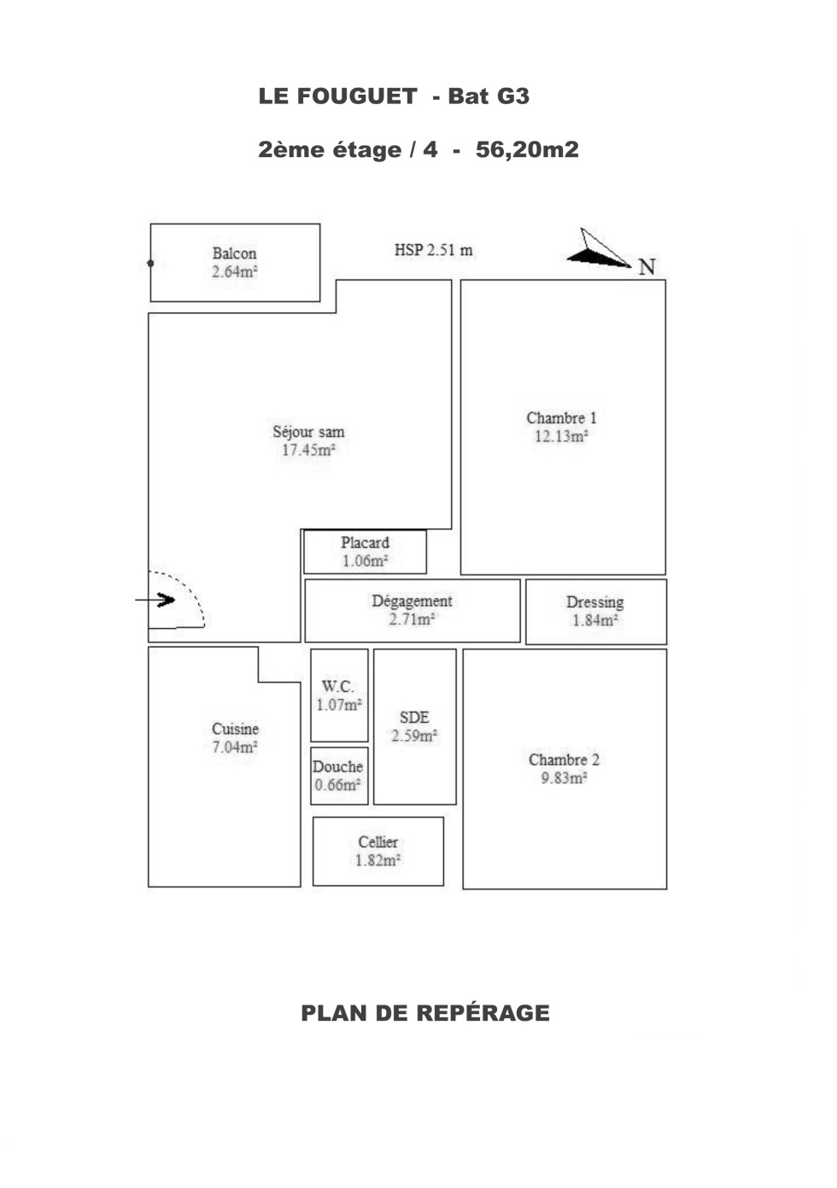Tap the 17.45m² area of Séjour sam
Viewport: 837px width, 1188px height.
click(308, 450)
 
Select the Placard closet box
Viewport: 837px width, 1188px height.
click(365, 551)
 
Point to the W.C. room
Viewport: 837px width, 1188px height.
click(339, 695)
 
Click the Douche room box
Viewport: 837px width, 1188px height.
click(339, 776)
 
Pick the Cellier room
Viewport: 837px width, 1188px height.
click(378, 851)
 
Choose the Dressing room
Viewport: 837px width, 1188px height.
click(596, 612)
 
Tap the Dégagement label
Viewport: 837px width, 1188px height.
click(412, 601)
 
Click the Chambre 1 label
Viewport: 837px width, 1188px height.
click(561, 418)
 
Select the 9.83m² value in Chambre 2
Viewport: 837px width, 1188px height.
click(565, 777)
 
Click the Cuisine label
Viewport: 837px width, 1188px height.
click(235, 729)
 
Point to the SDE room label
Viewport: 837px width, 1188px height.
click(414, 718)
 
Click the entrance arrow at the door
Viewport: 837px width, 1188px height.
click(155, 600)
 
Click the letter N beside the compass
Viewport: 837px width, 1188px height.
click(647, 267)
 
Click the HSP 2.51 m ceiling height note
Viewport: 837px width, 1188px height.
click(434, 250)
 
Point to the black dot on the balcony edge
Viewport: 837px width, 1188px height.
click(150, 263)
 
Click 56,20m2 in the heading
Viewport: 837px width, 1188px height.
click(527, 149)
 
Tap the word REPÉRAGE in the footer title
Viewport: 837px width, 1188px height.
click(483, 1012)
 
